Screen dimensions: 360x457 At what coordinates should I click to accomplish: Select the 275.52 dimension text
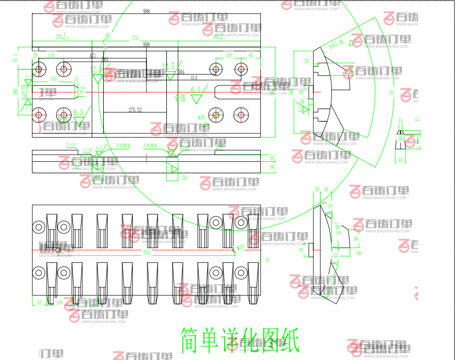pyautogui.click(x=135, y=110)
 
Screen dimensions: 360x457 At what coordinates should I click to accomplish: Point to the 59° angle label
pyautogui.click(x=392, y=92)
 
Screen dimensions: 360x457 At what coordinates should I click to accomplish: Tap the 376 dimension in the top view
pyautogui.click(x=135, y=38)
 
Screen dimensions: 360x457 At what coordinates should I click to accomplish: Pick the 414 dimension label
pyautogui.click(x=194, y=77)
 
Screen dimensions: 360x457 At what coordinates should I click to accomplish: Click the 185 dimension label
pyautogui.click(x=53, y=79)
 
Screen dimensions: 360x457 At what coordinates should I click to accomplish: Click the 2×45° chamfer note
pyautogui.click(x=71, y=144)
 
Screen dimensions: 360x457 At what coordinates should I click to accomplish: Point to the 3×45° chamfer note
pyautogui.click(x=88, y=150)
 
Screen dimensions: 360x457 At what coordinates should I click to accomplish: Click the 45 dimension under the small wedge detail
pyautogui.click(x=401, y=160)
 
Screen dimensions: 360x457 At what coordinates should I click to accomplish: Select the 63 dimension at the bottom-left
pyautogui.click(x=39, y=302)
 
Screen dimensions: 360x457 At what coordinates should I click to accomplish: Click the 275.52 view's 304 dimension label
pyautogui.click(x=181, y=72)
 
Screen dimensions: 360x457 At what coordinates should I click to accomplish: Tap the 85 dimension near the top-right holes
pyautogui.click(x=251, y=55)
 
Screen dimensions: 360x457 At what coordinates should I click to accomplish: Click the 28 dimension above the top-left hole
pyautogui.click(x=35, y=55)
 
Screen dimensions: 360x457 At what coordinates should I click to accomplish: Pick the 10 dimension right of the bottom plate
pyautogui.click(x=267, y=260)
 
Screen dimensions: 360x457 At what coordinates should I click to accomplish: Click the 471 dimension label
pyautogui.click(x=93, y=55)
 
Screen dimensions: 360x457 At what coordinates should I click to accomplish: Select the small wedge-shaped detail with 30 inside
pyautogui.click(x=401, y=138)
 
